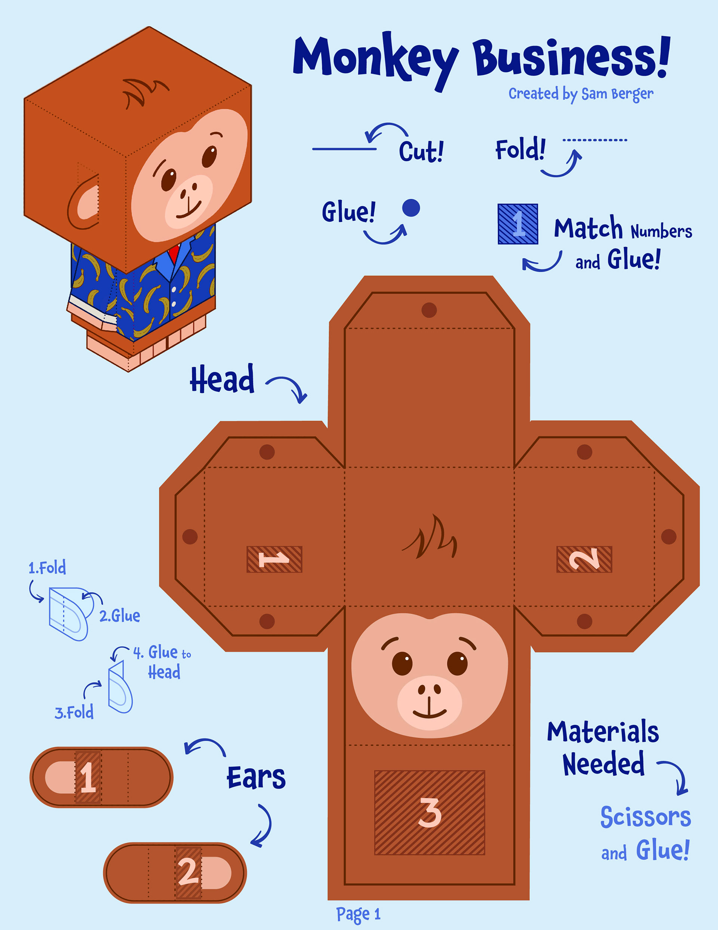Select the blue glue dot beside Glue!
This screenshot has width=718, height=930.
click(411, 208)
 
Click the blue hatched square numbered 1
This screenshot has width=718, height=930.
click(518, 224)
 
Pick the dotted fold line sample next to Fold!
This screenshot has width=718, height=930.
click(595, 140)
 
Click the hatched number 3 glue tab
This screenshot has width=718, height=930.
click(429, 812)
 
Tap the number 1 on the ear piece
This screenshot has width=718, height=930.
click(88, 777)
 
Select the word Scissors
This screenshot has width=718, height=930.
click(645, 817)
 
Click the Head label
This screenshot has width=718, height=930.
click(222, 379)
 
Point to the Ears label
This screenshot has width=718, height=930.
click(256, 778)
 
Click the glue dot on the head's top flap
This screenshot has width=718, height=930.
click(429, 310)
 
